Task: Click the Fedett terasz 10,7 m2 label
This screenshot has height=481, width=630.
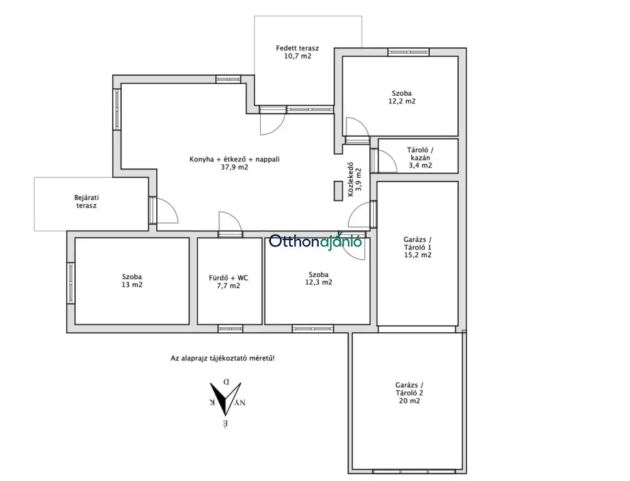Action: click(297, 52)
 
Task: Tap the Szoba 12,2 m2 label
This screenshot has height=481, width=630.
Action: click(402, 97)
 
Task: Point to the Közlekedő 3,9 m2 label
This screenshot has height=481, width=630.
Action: click(354, 179)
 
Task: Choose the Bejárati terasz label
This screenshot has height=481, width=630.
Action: click(86, 202)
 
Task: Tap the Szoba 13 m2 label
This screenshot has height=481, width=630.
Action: click(132, 281)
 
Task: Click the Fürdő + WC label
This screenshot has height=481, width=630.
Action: click(228, 282)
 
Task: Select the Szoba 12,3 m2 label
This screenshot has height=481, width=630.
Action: click(319, 278)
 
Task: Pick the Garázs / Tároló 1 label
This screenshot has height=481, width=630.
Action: click(418, 247)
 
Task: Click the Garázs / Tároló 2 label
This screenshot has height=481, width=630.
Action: click(409, 393)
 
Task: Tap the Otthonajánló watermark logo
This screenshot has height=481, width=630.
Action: click(316, 241)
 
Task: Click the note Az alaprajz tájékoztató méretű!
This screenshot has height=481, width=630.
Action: click(222, 358)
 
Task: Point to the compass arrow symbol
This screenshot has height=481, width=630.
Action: click(225, 398)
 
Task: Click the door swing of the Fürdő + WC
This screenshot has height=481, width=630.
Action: click(230, 223)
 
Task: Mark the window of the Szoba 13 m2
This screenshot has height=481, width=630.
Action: click(71, 283)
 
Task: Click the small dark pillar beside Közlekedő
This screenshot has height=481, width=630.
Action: click(338, 191)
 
